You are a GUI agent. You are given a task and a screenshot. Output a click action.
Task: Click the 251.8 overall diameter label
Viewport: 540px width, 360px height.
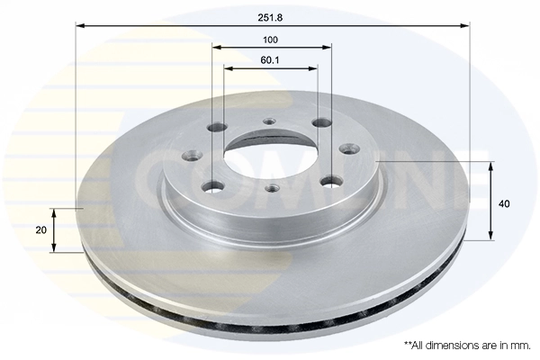(x=271, y=15)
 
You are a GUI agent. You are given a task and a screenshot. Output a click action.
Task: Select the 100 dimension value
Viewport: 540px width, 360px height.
(x=271, y=40)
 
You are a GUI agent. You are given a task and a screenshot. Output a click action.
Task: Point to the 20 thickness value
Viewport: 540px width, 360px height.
(x=41, y=230)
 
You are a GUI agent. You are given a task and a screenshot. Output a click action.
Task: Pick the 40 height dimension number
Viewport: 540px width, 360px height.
(x=504, y=203)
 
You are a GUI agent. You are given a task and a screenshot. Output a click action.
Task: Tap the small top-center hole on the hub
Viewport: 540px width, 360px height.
(x=269, y=122)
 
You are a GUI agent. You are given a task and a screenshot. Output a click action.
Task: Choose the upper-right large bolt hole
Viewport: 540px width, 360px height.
(x=322, y=123)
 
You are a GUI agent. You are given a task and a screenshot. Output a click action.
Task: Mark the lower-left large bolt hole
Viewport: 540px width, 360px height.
(x=213, y=186)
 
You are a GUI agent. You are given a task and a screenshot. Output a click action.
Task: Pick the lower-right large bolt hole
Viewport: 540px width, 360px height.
(x=329, y=181)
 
